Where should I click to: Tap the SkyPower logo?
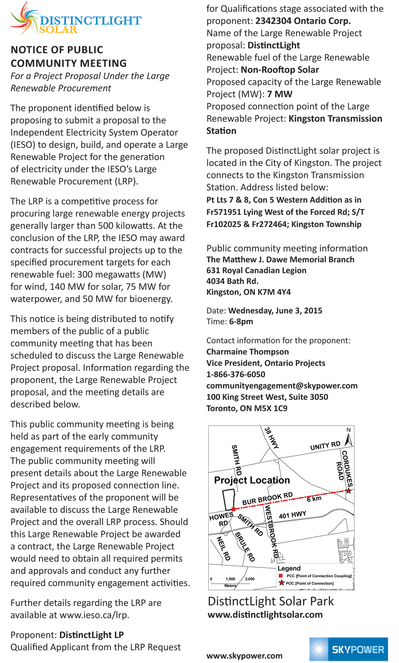(x=348, y=649)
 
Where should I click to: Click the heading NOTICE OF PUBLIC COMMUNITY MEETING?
(x=69, y=57)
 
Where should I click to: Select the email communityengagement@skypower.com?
(x=282, y=386)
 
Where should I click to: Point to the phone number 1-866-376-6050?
(x=235, y=374)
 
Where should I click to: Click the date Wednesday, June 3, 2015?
(x=275, y=311)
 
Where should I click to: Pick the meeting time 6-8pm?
(x=241, y=321)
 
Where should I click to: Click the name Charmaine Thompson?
(x=247, y=352)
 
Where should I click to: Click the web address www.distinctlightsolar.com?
(x=265, y=614)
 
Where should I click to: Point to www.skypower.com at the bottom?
(x=244, y=655)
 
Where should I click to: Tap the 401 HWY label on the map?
(x=292, y=515)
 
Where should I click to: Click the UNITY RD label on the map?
(x=325, y=446)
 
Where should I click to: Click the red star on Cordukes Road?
(x=348, y=491)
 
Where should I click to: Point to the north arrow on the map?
(x=349, y=439)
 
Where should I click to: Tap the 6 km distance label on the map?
(x=314, y=499)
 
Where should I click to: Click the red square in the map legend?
(x=281, y=576)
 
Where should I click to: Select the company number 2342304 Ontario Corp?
(x=303, y=21)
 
